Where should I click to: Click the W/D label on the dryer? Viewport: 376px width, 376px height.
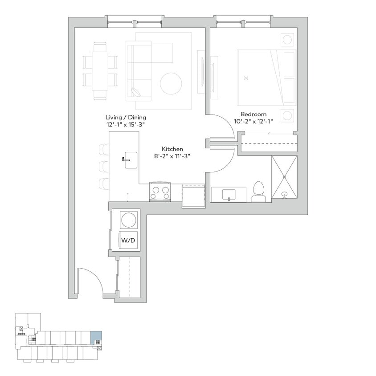point(128,240)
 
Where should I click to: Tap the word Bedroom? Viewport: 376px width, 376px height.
point(253,114)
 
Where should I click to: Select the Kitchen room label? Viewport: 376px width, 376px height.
point(172,149)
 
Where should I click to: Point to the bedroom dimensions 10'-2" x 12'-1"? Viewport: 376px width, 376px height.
point(253,121)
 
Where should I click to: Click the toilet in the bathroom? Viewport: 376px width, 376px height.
point(258,192)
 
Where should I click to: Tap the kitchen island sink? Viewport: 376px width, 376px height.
point(131,160)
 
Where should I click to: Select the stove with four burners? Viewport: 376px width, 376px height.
point(160,192)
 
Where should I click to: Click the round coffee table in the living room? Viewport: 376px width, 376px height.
point(171,83)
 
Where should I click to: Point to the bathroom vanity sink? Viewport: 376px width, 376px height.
point(230,194)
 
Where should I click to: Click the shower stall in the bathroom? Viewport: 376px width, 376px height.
point(284,177)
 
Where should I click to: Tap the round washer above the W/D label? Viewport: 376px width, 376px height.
point(129,220)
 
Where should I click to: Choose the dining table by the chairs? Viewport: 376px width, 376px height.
point(100,71)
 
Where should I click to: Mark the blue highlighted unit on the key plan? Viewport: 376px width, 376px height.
point(96,337)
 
